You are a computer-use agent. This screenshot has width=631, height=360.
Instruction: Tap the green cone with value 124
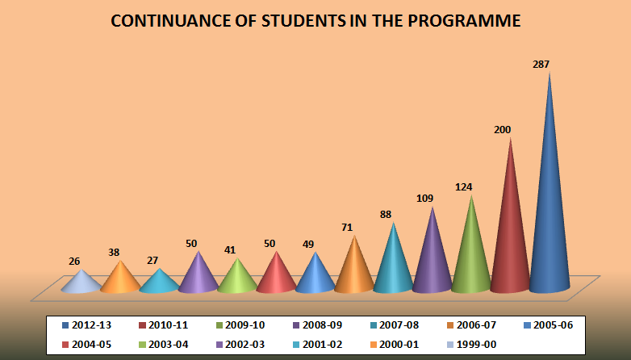click(471, 254)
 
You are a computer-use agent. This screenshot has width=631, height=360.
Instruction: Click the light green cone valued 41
click(237, 278)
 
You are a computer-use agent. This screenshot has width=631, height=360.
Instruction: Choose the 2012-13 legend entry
click(90, 324)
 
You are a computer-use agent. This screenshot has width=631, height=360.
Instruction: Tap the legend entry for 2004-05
click(90, 345)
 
